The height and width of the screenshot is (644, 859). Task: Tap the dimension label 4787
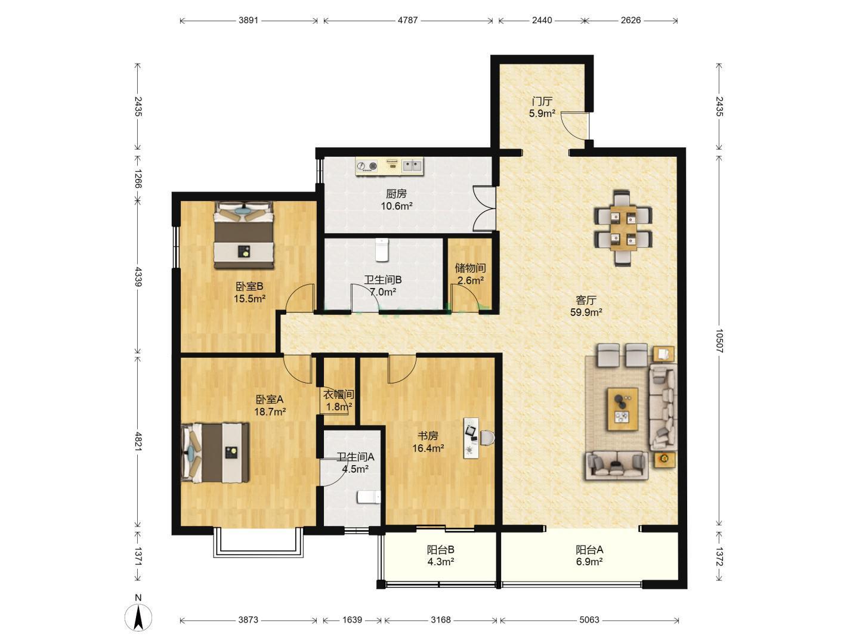point(408,20)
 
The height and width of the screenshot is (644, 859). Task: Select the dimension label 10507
point(719,340)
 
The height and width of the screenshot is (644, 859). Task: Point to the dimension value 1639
point(352,620)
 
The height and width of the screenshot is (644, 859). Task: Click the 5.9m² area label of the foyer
point(542,114)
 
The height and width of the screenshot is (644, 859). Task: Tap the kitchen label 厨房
point(396,194)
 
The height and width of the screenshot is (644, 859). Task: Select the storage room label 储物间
point(470,268)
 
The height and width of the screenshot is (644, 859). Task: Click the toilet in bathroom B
point(382,249)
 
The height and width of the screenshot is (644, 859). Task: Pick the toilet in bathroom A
point(369,497)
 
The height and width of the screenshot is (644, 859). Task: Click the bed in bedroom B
point(243,234)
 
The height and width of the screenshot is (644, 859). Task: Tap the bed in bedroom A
point(215,453)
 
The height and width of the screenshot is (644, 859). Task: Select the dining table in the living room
point(623,228)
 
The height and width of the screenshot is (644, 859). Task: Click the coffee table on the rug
point(623,410)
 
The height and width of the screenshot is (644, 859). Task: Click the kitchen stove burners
point(367,166)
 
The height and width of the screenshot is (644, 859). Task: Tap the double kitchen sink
point(412,166)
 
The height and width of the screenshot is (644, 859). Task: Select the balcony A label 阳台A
point(589,550)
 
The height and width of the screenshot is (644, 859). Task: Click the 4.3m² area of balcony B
point(441,562)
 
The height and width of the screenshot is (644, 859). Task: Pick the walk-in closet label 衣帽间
point(338,395)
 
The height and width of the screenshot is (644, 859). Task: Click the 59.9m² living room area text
point(586,312)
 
